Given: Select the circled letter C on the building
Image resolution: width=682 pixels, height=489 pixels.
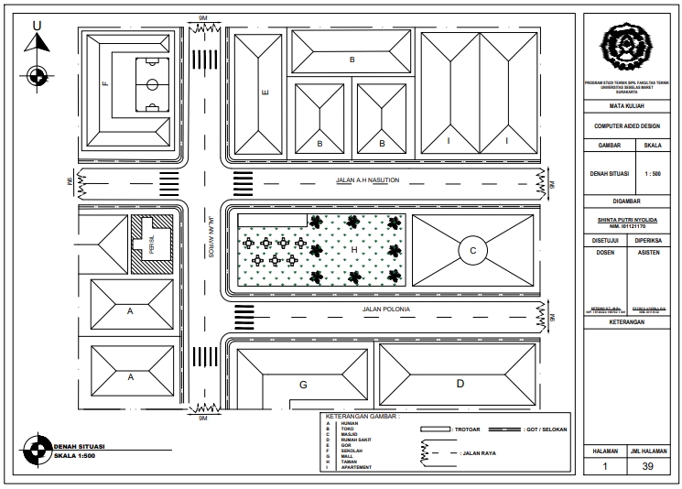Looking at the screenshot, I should [472, 250].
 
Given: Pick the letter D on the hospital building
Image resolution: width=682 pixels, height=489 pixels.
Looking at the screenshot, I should [460, 384].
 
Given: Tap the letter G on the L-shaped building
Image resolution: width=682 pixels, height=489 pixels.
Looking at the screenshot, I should [302, 385].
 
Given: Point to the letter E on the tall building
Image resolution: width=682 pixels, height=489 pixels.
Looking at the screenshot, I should [265, 92].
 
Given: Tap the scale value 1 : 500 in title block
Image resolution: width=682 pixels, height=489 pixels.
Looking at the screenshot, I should [655, 172].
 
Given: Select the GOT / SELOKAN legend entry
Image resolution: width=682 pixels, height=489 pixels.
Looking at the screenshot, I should [547, 429].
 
